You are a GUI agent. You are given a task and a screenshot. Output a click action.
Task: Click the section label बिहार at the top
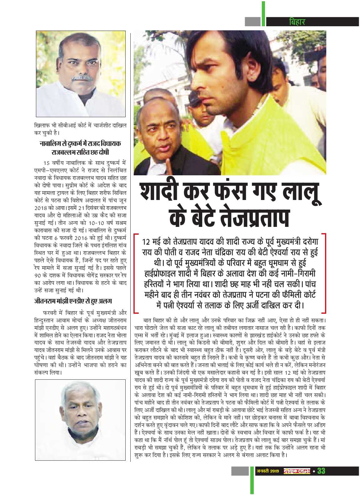tap(297, 22)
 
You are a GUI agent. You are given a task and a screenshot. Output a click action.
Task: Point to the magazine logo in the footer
tap(296, 471)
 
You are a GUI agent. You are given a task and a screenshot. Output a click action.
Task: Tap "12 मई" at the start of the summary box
tap(151, 242)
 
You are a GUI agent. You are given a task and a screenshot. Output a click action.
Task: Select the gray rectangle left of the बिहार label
tap(252, 22)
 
